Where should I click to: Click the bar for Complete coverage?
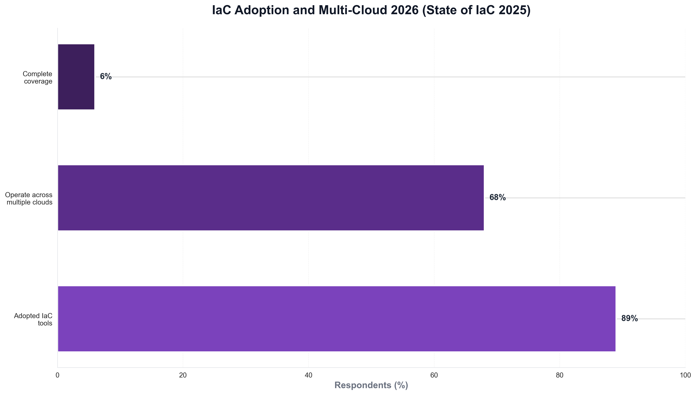(x=76, y=77)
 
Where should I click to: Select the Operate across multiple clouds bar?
(x=271, y=198)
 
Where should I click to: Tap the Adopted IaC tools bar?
(x=337, y=319)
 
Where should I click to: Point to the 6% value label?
(x=106, y=77)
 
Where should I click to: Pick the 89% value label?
(x=629, y=318)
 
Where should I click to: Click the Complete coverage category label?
(x=38, y=78)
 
